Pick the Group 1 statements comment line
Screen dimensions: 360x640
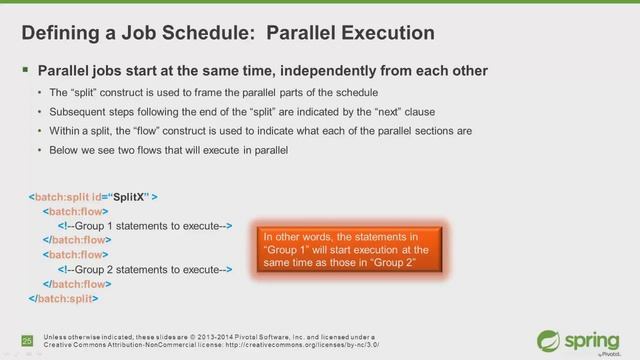144,226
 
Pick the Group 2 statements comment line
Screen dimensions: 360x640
144,269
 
